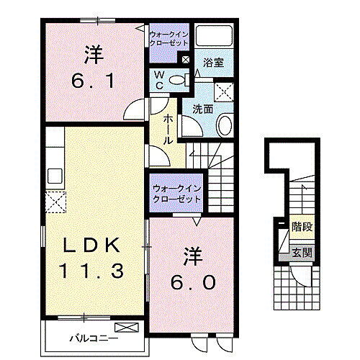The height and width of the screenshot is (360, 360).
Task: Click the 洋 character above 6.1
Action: coord(92,54)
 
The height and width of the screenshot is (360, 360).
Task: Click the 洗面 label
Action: coord(202,109)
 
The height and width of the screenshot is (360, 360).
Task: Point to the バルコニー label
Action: coord(89,336)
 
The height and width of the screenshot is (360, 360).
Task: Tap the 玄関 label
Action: coord(302,253)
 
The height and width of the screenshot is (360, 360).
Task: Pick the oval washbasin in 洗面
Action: coord(223,127)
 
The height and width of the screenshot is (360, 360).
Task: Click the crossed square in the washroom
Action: coord(224,90)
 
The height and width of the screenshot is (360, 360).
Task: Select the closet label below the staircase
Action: coord(176,194)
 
